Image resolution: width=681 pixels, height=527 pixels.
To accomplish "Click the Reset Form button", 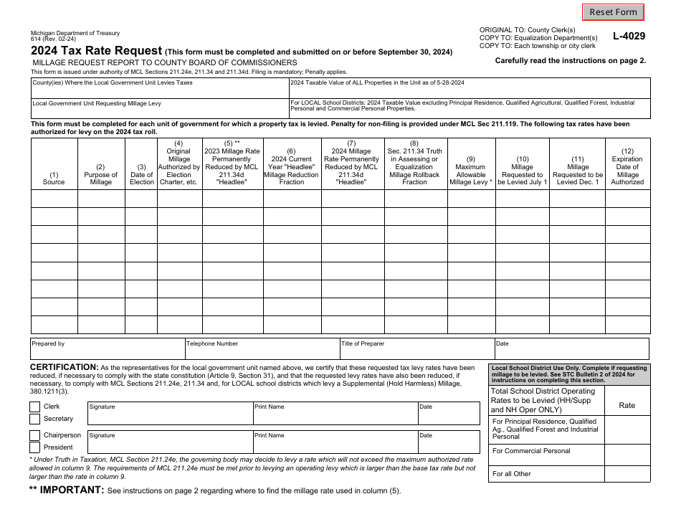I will tap(612, 12).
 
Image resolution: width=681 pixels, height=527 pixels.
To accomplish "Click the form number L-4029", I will tap(629, 36).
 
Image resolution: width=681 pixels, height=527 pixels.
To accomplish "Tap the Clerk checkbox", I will tap(35, 407).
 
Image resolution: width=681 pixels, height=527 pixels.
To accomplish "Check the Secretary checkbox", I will tap(35, 419).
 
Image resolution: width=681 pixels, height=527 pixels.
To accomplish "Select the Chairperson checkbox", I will tap(35, 435).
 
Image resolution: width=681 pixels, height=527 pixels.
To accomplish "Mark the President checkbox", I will tap(35, 447).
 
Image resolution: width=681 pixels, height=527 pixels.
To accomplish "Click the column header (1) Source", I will tap(54, 179).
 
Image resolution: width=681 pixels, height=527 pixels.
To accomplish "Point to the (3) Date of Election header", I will tap(141, 175).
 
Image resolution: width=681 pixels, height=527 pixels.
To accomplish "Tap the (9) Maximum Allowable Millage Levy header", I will tap(470, 171).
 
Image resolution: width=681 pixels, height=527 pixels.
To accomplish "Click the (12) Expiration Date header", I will tap(627, 167).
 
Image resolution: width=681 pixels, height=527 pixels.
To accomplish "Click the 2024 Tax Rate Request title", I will tap(96, 51).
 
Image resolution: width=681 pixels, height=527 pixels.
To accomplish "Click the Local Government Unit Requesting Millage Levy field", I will tap(159, 109).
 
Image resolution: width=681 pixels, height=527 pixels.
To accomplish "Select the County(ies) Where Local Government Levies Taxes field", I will tap(159, 88).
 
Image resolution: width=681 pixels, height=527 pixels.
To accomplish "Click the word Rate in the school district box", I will tap(627, 405).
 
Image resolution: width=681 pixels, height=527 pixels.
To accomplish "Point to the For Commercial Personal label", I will tap(531, 451).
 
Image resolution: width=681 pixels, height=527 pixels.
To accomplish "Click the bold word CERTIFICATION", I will tap(64, 367).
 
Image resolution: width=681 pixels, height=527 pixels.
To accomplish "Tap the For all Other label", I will tap(512, 474).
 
